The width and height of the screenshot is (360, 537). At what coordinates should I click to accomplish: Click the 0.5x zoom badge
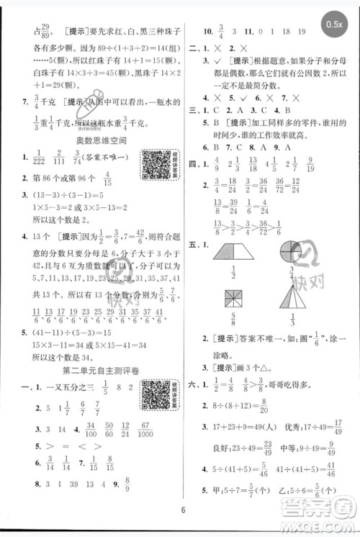335,24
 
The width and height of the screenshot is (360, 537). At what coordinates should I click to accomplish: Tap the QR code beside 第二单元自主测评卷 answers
153,395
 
